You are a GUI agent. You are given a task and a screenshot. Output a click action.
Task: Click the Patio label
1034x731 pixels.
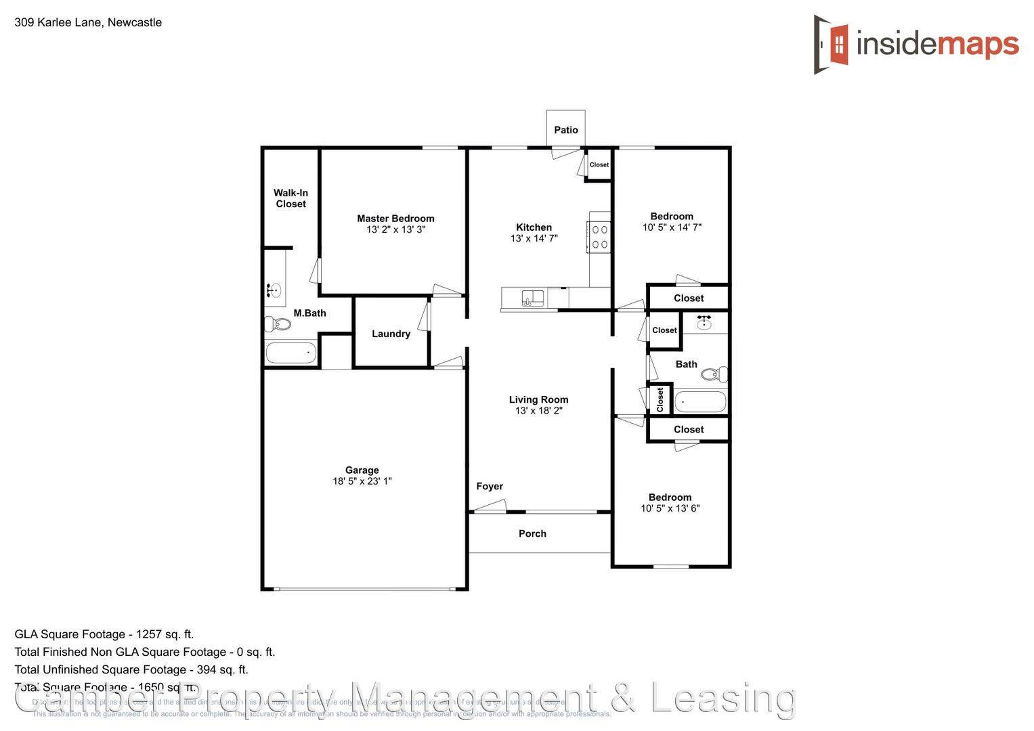point(566,130)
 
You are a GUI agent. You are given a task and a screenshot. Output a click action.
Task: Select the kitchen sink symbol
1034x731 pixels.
point(532,298)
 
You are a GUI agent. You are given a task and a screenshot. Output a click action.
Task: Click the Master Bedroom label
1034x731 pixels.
point(395,219)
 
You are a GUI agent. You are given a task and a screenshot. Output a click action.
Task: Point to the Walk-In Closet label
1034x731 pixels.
point(290,198)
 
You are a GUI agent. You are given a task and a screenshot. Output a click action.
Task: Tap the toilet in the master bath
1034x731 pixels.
point(278,324)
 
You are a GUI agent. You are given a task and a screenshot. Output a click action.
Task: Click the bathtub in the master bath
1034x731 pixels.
point(290,353)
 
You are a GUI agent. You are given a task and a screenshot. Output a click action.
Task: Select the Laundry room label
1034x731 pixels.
point(391,334)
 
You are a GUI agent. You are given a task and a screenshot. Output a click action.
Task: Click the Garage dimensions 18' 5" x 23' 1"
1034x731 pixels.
point(362,481)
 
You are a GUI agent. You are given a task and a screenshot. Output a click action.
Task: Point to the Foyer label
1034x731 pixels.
point(490,486)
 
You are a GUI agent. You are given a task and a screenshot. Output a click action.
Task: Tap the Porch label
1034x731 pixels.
point(532,533)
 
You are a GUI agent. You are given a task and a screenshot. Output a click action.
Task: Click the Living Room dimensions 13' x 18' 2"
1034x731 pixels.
point(538,411)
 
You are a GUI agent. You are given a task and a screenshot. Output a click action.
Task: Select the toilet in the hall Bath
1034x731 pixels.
point(714,374)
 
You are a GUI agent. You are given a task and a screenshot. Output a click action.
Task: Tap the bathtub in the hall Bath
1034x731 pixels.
point(700,402)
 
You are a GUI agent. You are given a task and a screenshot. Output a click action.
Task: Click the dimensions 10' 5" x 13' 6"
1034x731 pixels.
point(670,508)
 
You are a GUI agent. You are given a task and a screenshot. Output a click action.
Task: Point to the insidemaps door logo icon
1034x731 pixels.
point(831,45)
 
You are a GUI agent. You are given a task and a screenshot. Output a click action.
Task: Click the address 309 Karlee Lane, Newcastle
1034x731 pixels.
point(88,22)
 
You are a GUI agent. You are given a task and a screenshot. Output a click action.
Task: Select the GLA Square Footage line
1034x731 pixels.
point(104,634)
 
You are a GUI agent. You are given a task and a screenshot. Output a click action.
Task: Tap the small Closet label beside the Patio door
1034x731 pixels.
point(599,164)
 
